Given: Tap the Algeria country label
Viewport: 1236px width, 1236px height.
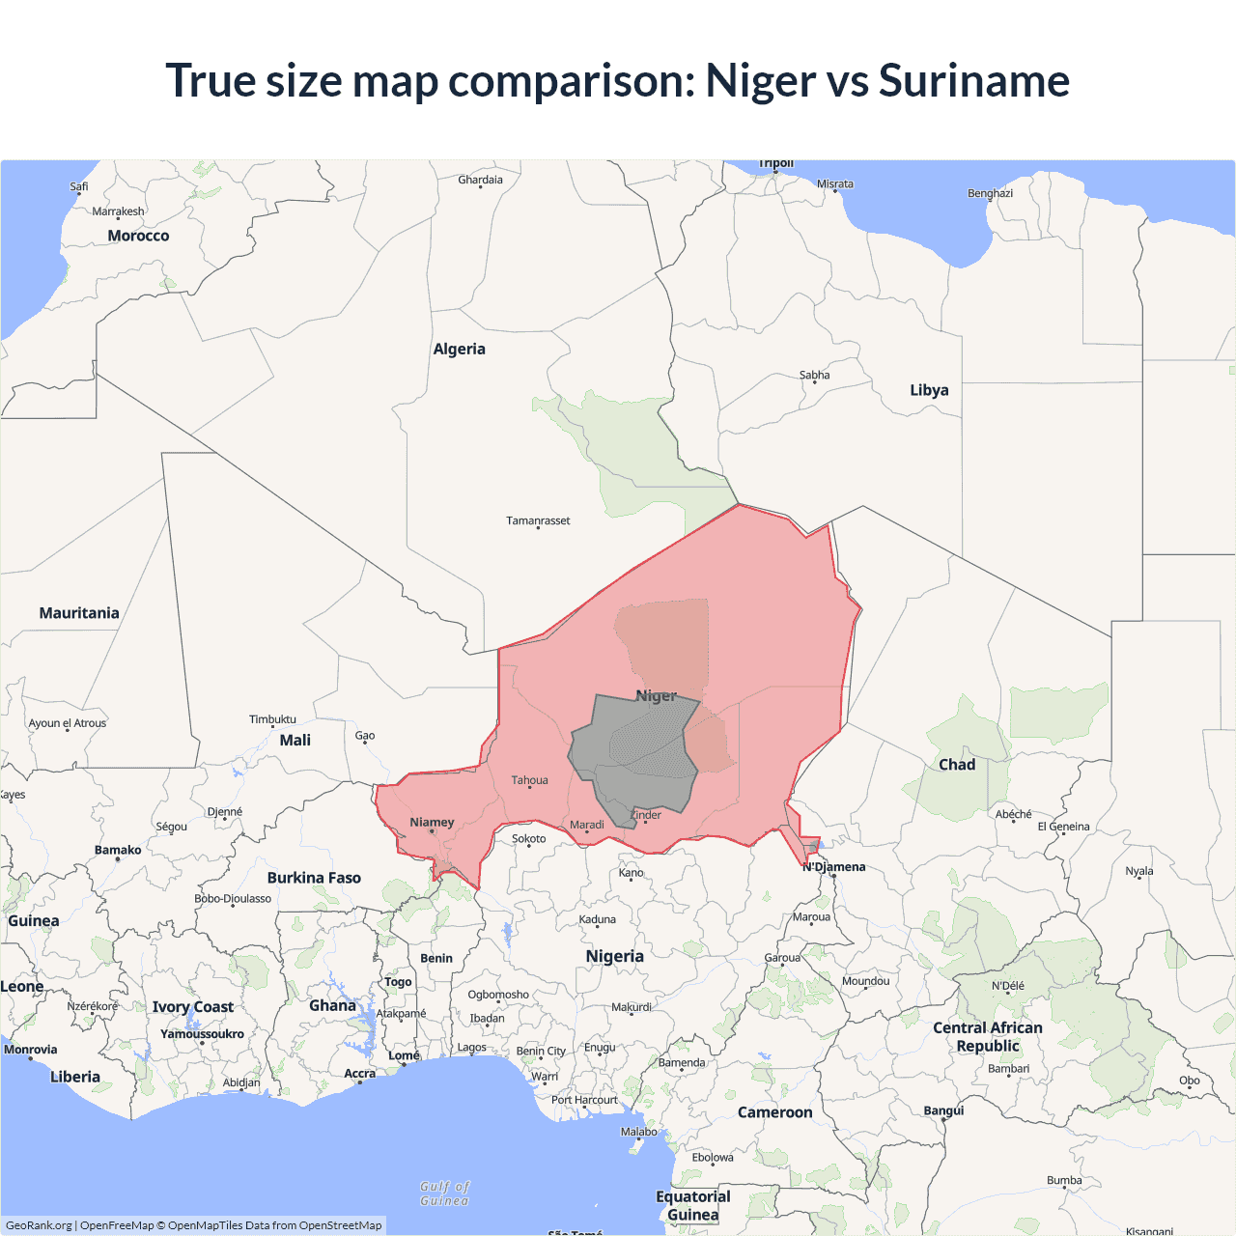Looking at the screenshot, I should tap(459, 350).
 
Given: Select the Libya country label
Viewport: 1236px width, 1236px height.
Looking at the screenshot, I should tap(929, 390).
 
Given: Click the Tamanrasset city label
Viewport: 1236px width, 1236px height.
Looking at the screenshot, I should tap(538, 520).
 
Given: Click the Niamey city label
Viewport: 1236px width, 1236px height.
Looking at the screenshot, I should tap(432, 823).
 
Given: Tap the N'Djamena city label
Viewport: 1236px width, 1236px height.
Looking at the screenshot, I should tap(834, 866).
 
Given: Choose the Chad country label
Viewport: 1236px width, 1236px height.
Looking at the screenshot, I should tap(957, 765).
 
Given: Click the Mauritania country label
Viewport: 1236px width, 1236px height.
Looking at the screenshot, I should tap(79, 613).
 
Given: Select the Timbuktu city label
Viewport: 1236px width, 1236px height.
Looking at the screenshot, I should tap(272, 719).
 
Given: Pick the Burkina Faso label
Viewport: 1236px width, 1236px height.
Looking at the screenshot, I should tap(314, 878).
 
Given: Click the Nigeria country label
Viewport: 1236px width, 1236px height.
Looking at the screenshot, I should tap(614, 956).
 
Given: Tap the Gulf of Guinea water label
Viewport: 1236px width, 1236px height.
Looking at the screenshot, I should tap(444, 1194).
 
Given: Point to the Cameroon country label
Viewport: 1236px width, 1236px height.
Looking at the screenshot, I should tap(774, 1112).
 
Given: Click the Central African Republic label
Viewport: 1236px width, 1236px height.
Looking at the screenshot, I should tap(987, 1037).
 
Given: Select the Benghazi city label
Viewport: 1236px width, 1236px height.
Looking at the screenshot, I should tap(990, 193).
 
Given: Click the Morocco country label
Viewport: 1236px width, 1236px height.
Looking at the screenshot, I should tap(138, 236).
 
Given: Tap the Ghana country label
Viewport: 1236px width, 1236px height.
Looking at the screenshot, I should tap(332, 1006).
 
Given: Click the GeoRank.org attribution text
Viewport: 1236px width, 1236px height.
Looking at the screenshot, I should tap(39, 1225).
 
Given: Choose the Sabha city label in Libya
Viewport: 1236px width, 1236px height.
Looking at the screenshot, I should tap(814, 375).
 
